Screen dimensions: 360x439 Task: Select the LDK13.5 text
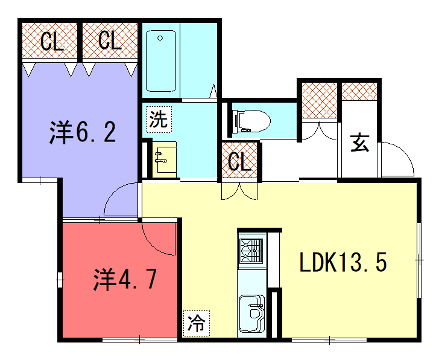pyautogui.click(x=343, y=264)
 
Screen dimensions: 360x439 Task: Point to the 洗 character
pyautogui.click(x=160, y=119)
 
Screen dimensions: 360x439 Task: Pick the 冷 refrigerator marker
pyautogui.click(x=196, y=323)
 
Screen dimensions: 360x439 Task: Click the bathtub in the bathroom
pyautogui.click(x=163, y=59)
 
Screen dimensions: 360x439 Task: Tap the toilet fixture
pyautogui.click(x=251, y=121)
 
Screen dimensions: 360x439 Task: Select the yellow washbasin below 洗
pyautogui.click(x=165, y=156)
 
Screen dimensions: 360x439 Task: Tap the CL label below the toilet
pyautogui.click(x=240, y=160)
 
